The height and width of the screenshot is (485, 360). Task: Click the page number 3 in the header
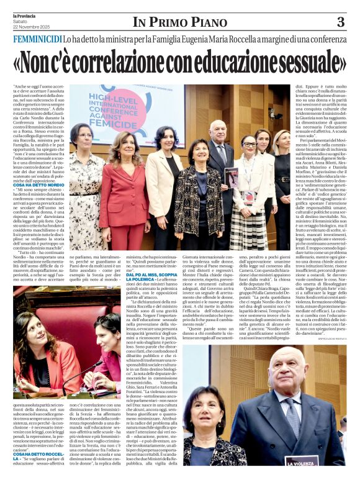[341, 22]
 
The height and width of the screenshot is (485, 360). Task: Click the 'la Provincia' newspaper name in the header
[24, 14]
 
